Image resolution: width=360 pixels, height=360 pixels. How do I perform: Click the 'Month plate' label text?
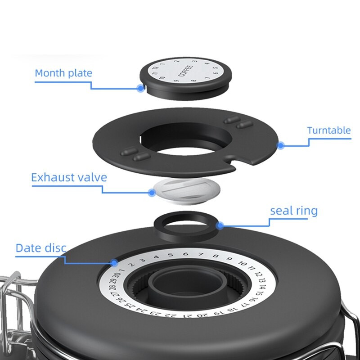click(63, 73)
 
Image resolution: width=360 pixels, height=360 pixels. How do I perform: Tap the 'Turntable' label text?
click(329, 130)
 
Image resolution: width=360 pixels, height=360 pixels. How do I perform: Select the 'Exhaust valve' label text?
click(69, 177)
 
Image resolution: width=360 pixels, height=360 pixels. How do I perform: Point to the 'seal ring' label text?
click(294, 211)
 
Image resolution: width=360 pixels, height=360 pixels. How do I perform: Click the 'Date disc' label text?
click(41, 248)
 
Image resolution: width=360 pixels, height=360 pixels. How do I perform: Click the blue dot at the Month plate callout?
click(140, 88)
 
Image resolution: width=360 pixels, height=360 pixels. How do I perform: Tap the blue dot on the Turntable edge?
click(280, 145)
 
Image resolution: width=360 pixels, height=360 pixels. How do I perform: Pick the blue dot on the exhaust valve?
click(152, 193)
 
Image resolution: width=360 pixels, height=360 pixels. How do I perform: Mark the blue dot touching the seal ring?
click(220, 226)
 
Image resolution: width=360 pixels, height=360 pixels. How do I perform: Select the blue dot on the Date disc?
click(114, 263)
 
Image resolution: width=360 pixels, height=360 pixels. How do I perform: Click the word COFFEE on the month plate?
click(185, 71)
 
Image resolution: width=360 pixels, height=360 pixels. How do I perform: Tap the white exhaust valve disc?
click(186, 191)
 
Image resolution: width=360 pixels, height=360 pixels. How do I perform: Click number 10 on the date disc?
click(242, 263)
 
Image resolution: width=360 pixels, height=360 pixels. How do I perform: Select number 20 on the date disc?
click(202, 315)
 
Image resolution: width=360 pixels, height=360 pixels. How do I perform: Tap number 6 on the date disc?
click(185, 254)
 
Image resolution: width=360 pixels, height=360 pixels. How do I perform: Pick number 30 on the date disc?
click(117, 275)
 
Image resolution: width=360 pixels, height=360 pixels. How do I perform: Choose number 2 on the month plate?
click(177, 61)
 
